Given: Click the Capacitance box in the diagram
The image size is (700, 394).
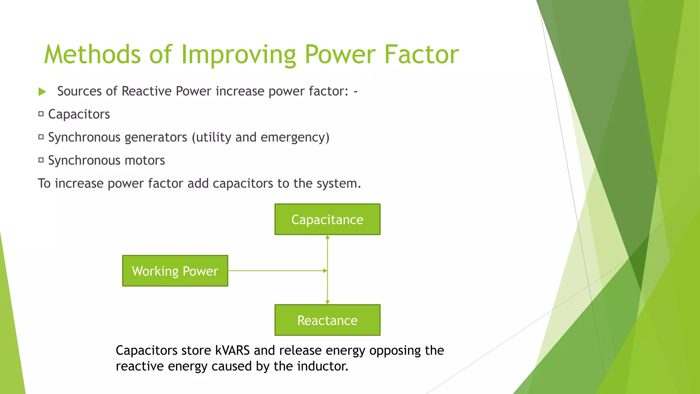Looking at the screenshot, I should [327, 219].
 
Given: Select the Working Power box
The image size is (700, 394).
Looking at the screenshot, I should [175, 271].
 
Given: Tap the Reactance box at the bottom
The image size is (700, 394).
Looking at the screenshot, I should [327, 320].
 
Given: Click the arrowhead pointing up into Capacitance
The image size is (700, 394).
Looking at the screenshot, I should [327, 237].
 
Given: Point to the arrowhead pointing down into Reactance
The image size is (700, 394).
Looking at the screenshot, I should [327, 302].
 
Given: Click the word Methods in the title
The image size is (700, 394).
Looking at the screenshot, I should [92, 54].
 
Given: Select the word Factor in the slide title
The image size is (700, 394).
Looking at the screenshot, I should [421, 54].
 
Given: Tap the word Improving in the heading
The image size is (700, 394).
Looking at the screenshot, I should [238, 55].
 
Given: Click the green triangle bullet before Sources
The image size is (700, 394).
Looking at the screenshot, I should [42, 92].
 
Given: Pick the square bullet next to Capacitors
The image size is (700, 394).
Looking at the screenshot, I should [41, 114].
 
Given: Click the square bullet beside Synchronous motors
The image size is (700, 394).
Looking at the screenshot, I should [41, 160].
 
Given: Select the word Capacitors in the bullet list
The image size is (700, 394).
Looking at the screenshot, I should [79, 114].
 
